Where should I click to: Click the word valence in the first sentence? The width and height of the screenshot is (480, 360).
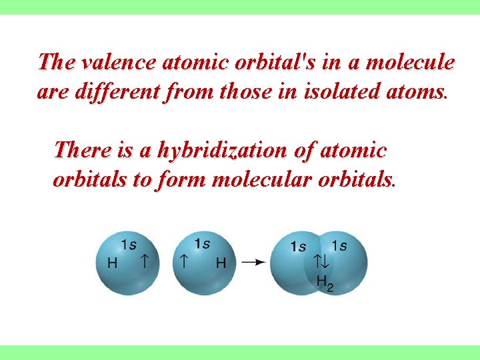point(115,63)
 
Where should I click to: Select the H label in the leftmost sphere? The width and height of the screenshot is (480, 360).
point(112,263)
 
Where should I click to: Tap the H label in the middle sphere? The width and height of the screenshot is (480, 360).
point(221,263)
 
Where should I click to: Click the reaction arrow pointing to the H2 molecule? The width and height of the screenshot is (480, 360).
point(252,262)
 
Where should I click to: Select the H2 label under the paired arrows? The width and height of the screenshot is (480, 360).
point(325,282)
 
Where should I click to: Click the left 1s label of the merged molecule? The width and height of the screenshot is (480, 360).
point(299,247)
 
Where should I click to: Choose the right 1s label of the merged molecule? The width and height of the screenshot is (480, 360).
point(339,246)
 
